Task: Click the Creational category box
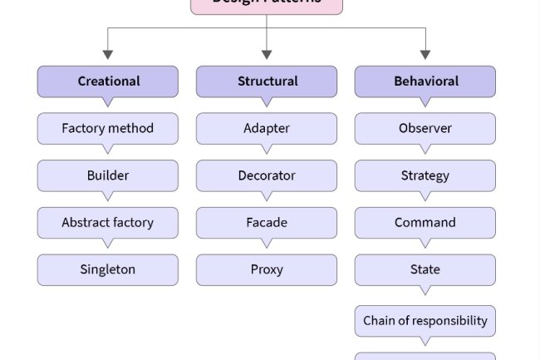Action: pos(108,81)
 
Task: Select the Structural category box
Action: pos(267,81)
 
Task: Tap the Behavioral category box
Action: pos(425,81)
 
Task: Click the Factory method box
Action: pos(108,129)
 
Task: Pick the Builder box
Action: pos(108,175)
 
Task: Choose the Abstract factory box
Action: pos(108,223)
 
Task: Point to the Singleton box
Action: pos(108,269)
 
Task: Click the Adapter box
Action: pos(267,129)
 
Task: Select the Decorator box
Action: pos(267,175)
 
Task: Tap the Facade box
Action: pos(267,223)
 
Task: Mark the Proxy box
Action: pos(267,269)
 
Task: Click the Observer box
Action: pos(425,129)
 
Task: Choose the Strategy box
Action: pos(425,175)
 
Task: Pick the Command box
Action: pos(425,223)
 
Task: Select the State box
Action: pos(425,269)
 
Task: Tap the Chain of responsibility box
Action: pos(425,321)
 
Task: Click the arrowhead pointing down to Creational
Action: pos(108,55)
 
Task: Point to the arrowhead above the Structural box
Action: pos(267,55)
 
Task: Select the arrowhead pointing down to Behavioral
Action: pos(425,55)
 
